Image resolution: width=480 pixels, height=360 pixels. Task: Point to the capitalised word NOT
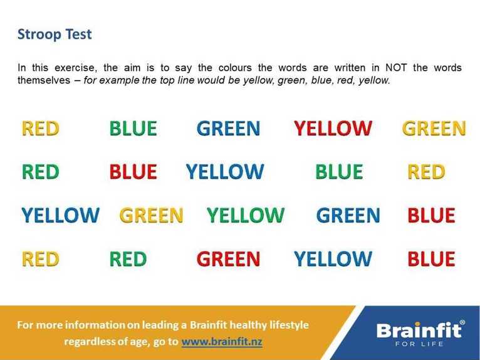[x=396, y=67]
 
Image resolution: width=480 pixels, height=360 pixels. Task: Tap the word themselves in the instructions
[x=44, y=80]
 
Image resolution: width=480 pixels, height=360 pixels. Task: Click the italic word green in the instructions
[x=291, y=80]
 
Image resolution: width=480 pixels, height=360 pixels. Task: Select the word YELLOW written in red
[x=333, y=128]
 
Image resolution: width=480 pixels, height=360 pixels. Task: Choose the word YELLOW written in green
[x=246, y=214]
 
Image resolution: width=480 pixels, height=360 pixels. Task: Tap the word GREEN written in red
[x=228, y=259]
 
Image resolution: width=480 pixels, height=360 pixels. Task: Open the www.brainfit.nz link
[x=222, y=341]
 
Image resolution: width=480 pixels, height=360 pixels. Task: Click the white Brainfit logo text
[x=419, y=331]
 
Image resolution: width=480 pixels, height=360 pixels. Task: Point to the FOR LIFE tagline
[x=419, y=344]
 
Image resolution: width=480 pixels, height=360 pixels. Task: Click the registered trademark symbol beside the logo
[x=462, y=322]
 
